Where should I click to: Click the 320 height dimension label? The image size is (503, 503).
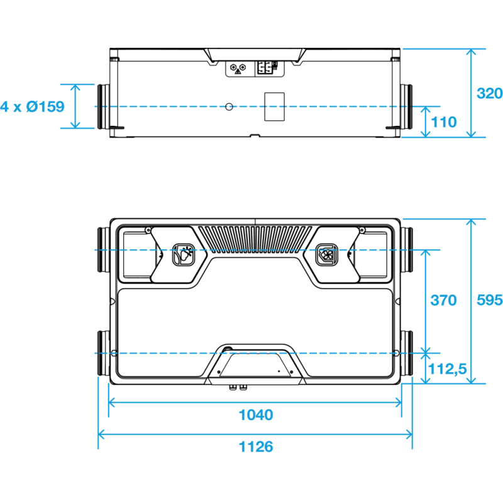click(x=490, y=93)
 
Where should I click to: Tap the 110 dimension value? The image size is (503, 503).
click(x=444, y=122)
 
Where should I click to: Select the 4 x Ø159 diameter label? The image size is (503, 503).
click(x=32, y=106)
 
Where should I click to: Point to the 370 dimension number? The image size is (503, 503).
click(x=443, y=301)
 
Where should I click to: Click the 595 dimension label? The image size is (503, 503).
click(x=490, y=300)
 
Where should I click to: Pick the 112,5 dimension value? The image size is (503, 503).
click(x=447, y=369)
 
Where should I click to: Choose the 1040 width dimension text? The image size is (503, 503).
click(x=256, y=415)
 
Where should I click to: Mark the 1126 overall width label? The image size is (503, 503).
click(x=256, y=446)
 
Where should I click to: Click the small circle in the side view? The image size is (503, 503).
click(x=229, y=107)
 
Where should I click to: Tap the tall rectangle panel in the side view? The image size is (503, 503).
click(x=274, y=107)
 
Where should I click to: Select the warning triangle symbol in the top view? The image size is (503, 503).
click(x=238, y=72)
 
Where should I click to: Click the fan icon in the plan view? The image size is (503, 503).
click(x=327, y=255)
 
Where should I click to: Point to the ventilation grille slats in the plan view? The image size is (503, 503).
click(x=255, y=238)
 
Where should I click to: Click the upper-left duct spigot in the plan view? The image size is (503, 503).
click(x=103, y=250)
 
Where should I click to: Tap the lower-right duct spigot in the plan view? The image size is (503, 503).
click(x=406, y=353)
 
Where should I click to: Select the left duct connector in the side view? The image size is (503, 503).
click(x=103, y=106)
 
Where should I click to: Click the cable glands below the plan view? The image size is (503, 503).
click(x=238, y=388)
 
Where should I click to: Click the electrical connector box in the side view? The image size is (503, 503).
click(x=266, y=68)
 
